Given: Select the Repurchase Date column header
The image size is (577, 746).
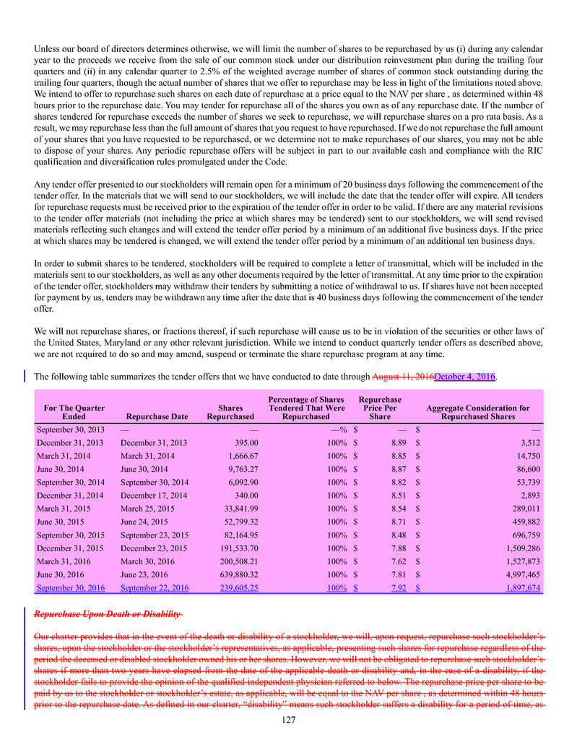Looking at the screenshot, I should [x=157, y=416].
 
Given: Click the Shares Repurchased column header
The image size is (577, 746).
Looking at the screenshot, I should [x=230, y=412].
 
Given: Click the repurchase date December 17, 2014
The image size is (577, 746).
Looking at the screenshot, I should [x=154, y=495].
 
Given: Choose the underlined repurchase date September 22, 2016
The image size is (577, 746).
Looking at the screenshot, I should [x=155, y=588].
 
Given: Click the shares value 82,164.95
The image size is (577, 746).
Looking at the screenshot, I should [x=232, y=535].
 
